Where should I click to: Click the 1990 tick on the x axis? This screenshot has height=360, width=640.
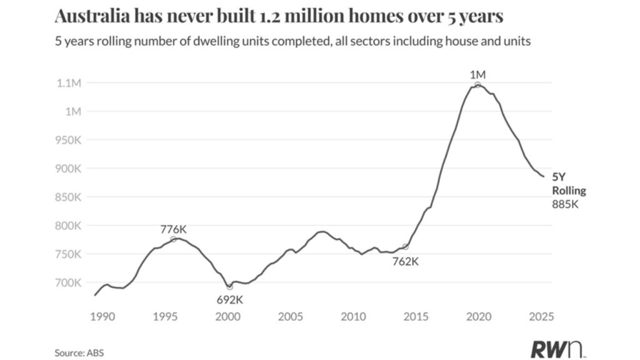pyautogui.click(x=102, y=317)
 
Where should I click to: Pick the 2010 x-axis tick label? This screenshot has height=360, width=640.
pyautogui.click(x=353, y=317)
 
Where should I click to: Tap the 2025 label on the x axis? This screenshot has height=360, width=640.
pyautogui.click(x=541, y=317)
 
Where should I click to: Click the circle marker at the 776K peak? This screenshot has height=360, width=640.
pyautogui.click(x=173, y=239)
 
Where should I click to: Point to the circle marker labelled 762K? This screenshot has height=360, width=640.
pyautogui.click(x=405, y=247)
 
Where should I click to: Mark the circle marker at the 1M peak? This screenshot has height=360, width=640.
pyautogui.click(x=477, y=85)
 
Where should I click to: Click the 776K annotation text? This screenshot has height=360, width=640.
pyautogui.click(x=173, y=228)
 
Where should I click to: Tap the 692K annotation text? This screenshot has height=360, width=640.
pyautogui.click(x=229, y=299)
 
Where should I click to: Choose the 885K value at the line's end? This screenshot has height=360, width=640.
pyautogui.click(x=565, y=204)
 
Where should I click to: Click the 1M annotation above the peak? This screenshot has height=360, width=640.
pyautogui.click(x=477, y=74)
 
